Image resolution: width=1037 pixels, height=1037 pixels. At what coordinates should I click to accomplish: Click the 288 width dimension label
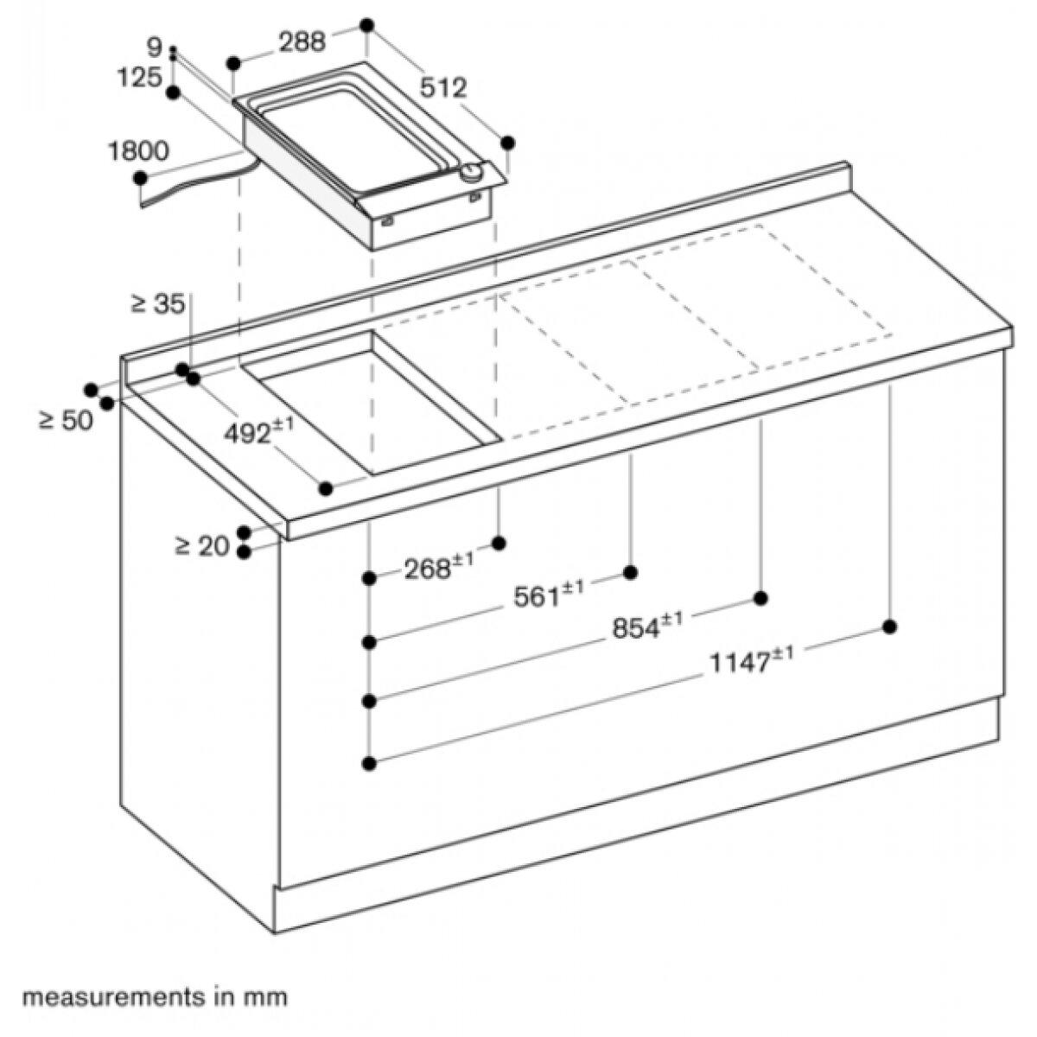[302, 41]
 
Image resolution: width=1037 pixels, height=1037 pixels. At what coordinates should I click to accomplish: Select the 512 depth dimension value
[443, 88]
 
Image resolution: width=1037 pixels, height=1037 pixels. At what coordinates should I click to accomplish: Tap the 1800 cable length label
[139, 151]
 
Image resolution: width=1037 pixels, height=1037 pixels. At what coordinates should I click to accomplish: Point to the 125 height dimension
[139, 78]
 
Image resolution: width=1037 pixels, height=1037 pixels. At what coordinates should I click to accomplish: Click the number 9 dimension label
[155, 48]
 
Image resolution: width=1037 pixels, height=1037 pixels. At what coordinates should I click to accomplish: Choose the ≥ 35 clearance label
[157, 304]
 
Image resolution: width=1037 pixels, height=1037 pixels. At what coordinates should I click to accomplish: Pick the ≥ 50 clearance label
[67, 420]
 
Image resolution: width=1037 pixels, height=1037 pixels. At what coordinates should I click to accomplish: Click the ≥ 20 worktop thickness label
[202, 548]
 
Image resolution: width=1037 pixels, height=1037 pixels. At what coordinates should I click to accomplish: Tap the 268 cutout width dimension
[439, 567]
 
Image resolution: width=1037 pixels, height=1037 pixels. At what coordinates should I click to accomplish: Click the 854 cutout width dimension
[648, 626]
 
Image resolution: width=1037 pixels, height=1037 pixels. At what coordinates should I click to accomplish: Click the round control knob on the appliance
[472, 172]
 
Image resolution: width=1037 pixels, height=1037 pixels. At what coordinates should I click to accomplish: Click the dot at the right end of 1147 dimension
[889, 627]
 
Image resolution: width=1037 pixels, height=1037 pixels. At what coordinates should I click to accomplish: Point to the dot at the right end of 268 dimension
[499, 543]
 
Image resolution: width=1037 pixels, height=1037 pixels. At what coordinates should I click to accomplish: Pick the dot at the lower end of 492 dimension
[326, 488]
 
